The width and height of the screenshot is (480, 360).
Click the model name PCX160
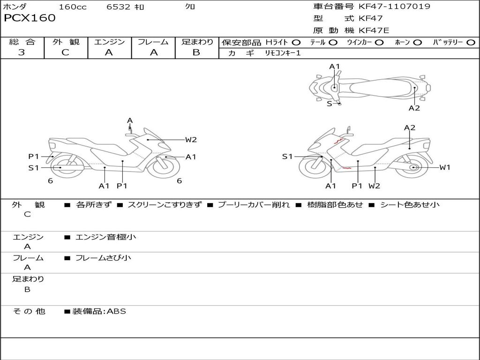30,18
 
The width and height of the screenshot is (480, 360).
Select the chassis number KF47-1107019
394,6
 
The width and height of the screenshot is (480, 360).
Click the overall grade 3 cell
22,52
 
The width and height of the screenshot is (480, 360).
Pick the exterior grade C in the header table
66,52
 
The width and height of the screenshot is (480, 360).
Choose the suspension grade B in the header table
196,52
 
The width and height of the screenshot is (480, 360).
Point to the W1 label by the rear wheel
444,167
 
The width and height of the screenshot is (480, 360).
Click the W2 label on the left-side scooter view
191,139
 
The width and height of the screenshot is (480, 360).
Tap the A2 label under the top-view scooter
414,108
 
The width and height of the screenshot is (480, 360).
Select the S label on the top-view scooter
329,104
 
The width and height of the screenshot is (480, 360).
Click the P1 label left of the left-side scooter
33,157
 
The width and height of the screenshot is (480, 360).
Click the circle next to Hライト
296,42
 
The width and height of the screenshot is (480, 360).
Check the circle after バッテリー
471,42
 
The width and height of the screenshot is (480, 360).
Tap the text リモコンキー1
283,53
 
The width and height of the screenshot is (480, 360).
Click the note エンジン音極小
105,237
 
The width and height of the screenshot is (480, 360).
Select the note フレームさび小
103,258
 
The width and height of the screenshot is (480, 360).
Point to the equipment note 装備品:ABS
99,311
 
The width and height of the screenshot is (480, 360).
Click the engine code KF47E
374,30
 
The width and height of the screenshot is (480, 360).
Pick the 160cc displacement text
73,7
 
